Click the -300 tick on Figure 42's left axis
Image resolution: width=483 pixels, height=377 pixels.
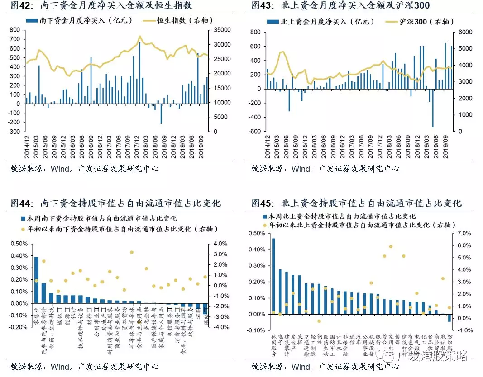click(15, 132)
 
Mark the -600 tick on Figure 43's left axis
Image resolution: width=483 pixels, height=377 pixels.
click(255, 132)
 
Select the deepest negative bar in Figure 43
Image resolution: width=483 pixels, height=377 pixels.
click(433, 108)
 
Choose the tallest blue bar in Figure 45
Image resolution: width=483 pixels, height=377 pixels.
click(273, 276)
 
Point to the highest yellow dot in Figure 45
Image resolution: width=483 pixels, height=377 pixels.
click(391, 246)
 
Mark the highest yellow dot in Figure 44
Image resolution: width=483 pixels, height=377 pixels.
click(132, 252)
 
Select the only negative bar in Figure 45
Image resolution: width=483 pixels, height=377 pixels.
click(449, 318)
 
